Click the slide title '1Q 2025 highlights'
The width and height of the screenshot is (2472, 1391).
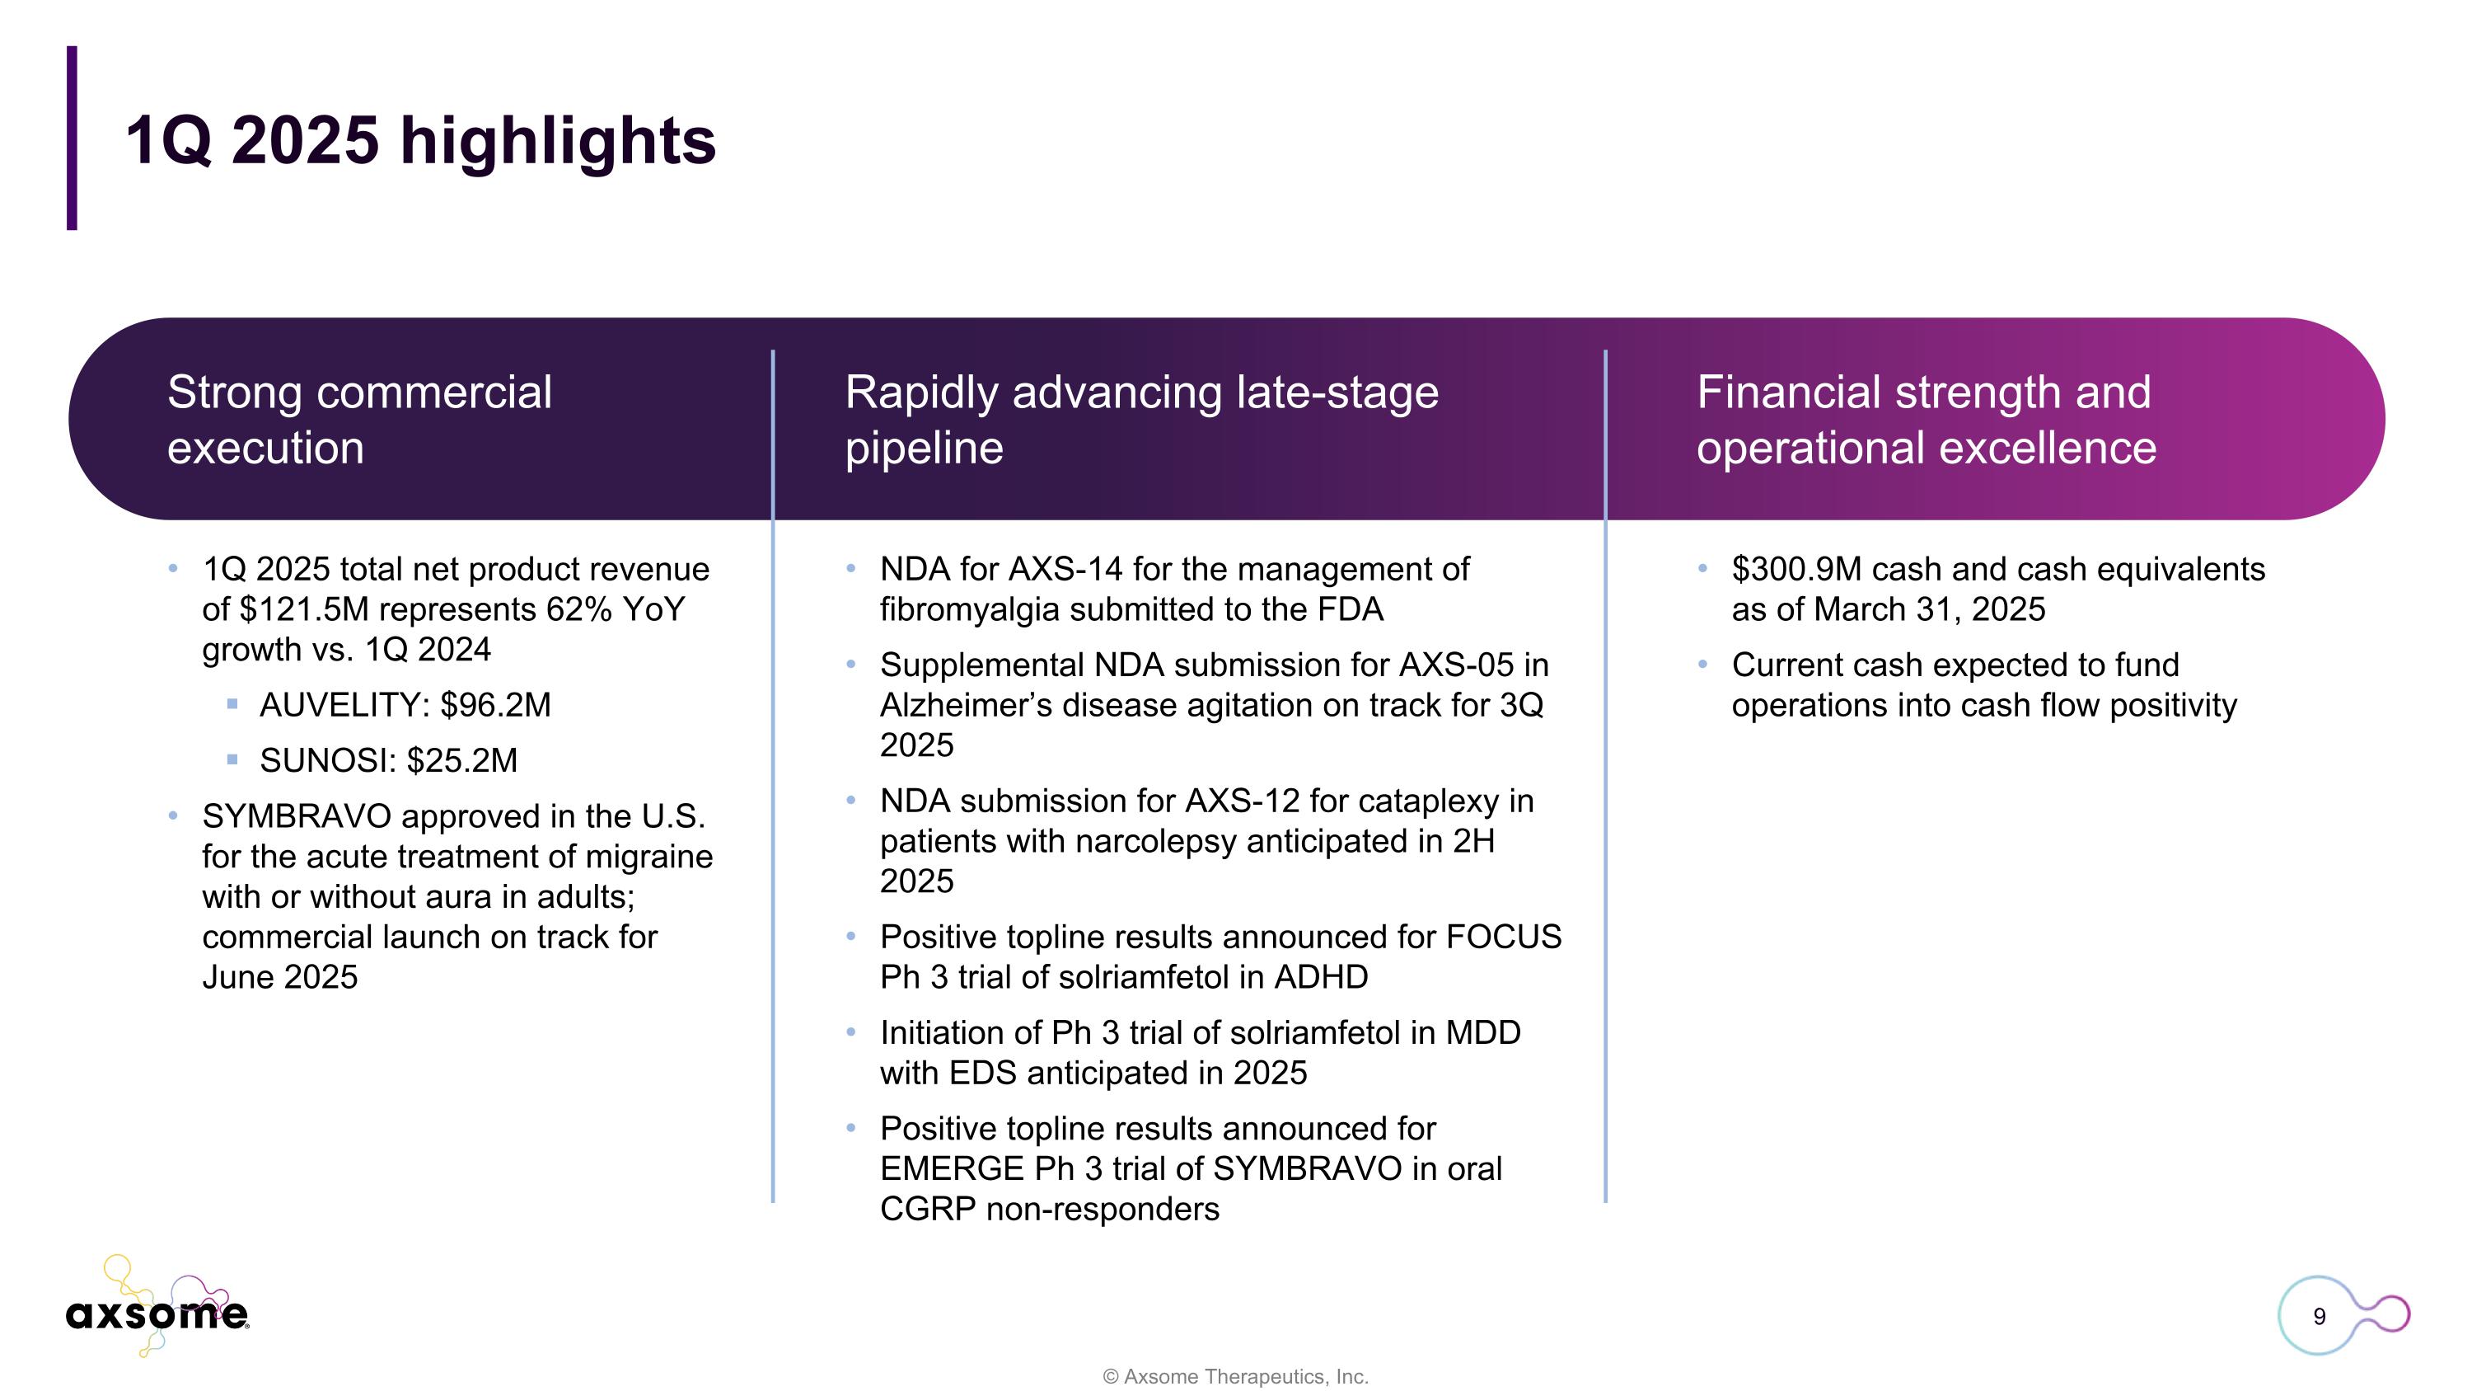[x=420, y=141]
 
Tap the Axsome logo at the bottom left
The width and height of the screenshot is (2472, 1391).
[x=157, y=1310]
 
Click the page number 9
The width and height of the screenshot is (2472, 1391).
[x=2319, y=1316]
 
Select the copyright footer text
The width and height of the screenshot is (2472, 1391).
[x=1235, y=1375]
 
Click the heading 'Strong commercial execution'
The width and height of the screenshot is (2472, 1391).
[x=359, y=420]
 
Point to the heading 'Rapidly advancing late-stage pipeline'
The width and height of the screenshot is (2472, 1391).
[x=1141, y=420]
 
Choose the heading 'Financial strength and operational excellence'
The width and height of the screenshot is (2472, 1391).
[x=1925, y=420]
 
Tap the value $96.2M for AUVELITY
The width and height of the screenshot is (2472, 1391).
[x=495, y=706]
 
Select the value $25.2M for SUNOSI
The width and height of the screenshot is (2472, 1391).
[x=461, y=761]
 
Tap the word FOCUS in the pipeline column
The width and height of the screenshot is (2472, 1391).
[x=1503, y=937]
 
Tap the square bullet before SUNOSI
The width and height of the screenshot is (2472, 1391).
[x=232, y=760]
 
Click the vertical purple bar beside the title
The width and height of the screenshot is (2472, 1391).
[x=72, y=139]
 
